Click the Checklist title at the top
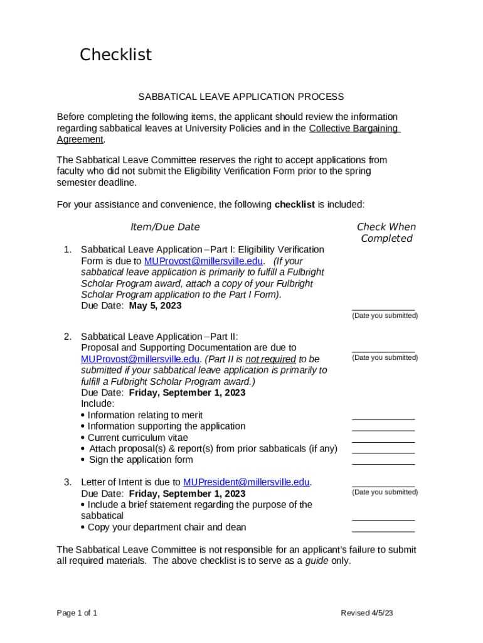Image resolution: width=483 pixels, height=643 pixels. point(115,55)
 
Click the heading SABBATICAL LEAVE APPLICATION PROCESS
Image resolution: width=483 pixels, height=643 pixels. point(241,97)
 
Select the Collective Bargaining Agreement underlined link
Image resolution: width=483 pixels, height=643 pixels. point(354,128)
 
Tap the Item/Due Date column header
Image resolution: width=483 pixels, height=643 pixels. point(165,227)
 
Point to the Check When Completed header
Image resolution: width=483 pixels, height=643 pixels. point(386,232)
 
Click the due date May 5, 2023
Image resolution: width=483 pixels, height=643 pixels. point(155,306)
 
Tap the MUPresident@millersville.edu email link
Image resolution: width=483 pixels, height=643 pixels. point(247,482)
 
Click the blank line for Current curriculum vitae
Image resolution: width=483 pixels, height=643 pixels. point(383,441)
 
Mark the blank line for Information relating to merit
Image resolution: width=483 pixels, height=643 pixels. point(383,418)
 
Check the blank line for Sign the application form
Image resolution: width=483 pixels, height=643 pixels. point(383,463)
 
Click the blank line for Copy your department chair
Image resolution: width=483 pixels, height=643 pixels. point(383,531)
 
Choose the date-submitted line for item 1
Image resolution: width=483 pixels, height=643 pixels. point(383,310)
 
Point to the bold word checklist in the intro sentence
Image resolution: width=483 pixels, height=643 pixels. point(295,205)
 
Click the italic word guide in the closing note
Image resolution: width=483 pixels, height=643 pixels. point(317,561)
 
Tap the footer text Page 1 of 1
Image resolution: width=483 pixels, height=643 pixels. point(77,613)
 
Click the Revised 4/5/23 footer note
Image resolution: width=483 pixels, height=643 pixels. point(367,613)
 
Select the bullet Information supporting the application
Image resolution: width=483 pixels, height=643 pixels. point(166,426)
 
